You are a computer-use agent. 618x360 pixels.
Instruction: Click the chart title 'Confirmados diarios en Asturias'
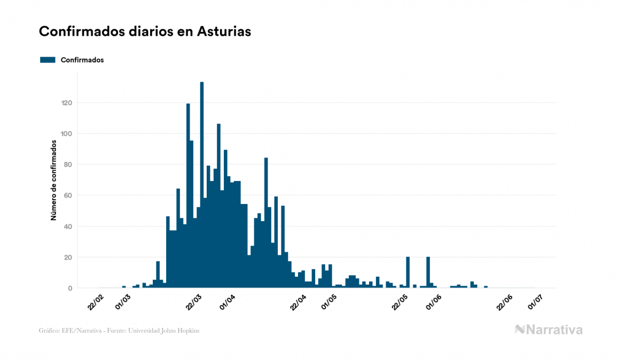click(x=145, y=32)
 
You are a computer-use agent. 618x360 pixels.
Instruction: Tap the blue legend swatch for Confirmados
click(x=48, y=60)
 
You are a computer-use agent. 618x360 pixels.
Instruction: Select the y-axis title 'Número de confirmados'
click(x=53, y=180)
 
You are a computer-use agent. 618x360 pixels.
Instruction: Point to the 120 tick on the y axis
click(x=67, y=103)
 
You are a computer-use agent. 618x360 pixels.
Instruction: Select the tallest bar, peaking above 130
click(x=201, y=184)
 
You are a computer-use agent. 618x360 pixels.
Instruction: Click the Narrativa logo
click(x=549, y=330)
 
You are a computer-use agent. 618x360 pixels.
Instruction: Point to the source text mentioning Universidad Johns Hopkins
click(x=119, y=331)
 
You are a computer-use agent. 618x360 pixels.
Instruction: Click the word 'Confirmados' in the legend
click(x=82, y=60)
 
